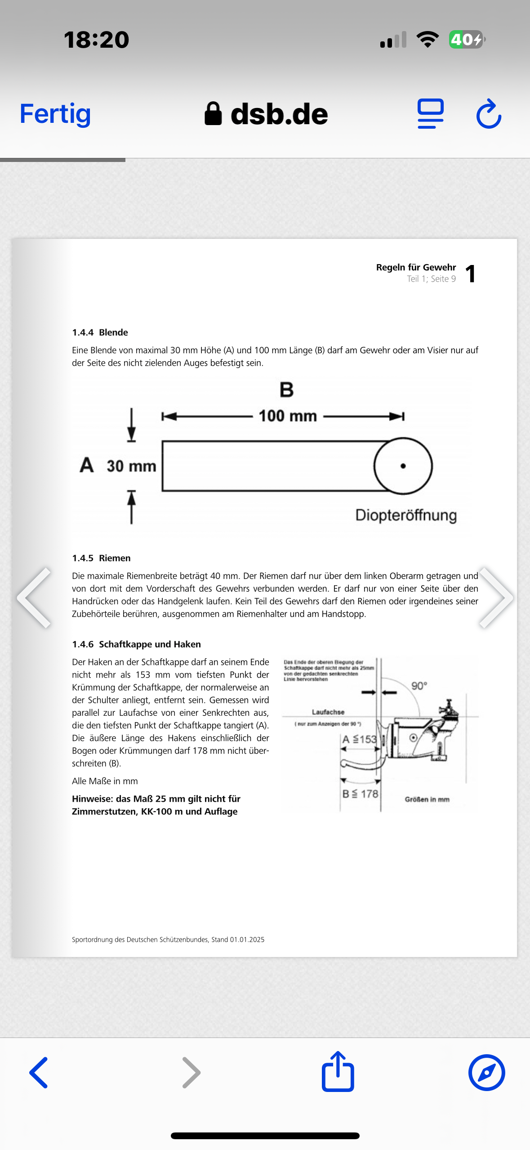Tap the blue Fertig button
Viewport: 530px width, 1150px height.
pos(55,114)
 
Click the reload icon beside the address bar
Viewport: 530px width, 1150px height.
pos(489,114)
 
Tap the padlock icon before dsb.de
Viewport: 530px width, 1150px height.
pos(213,113)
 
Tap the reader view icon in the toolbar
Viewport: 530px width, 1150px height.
pos(430,113)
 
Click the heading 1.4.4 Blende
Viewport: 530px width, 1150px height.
pos(100,332)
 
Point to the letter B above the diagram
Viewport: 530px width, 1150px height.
pos(286,390)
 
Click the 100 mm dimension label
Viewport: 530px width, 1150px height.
pos(288,416)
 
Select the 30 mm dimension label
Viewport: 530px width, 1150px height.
pos(131,466)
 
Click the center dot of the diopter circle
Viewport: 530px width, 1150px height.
pos(403,466)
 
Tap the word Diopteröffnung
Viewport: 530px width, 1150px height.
pos(406,515)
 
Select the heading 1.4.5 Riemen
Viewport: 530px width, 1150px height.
pos(101,558)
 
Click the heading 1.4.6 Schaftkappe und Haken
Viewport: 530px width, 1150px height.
pos(136,644)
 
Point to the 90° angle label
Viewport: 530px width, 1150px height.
pos(419,686)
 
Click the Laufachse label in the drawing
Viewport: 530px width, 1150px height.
pos(328,712)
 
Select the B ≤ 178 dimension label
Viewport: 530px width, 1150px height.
pos(361,794)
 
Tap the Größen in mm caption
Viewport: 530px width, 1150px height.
pos(427,800)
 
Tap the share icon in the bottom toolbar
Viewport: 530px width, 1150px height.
pos(338,1072)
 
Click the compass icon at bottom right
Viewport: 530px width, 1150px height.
pos(486,1073)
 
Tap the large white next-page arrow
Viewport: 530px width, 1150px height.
pos(497,597)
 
